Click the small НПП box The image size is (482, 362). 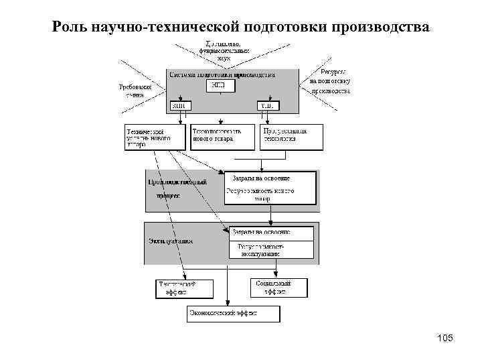coord(221,86)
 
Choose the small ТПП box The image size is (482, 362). coord(267,105)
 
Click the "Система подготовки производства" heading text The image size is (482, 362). coord(222,75)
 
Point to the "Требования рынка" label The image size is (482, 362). coord(135,91)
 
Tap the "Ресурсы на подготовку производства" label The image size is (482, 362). coord(330,81)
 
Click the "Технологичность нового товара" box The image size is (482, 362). coord(222,137)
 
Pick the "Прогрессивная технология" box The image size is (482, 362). coord(291,137)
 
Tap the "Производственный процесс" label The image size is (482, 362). coord(177,188)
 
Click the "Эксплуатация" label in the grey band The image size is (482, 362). coord(171,240)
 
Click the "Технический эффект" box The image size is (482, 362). coord(185,288)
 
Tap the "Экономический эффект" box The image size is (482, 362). coord(233,313)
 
